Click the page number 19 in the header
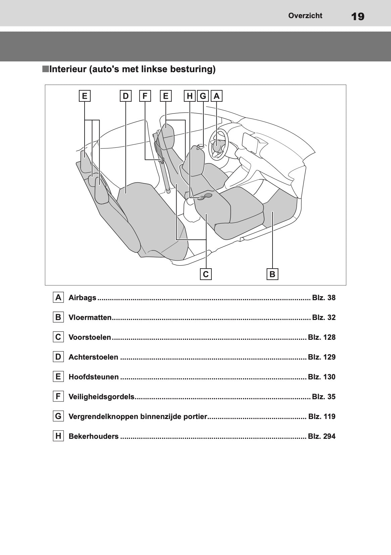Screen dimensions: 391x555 click(x=357, y=16)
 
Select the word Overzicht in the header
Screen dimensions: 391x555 click(x=305, y=15)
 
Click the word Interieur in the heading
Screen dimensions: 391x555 click(x=67, y=69)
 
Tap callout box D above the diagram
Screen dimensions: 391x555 click(x=126, y=96)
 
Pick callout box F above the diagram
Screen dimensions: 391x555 click(x=145, y=96)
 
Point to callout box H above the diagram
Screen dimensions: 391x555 click(x=190, y=96)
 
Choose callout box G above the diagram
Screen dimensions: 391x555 click(x=203, y=96)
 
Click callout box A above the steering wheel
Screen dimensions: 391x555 click(x=216, y=96)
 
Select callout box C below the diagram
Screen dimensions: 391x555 click(x=206, y=274)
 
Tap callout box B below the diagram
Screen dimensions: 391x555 click(x=273, y=274)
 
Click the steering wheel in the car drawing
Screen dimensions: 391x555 click(x=218, y=144)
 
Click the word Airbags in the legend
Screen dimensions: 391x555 click(x=82, y=297)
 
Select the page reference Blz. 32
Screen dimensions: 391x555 click(x=324, y=317)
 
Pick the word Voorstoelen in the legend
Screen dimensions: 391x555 click(x=90, y=337)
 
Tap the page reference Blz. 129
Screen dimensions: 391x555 click(x=322, y=357)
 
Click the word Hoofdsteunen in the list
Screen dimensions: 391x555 click(x=94, y=377)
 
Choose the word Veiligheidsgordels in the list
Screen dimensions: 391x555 click(x=102, y=397)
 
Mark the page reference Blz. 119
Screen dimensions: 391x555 click(x=322, y=416)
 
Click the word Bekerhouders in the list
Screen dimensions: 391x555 click(x=94, y=436)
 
